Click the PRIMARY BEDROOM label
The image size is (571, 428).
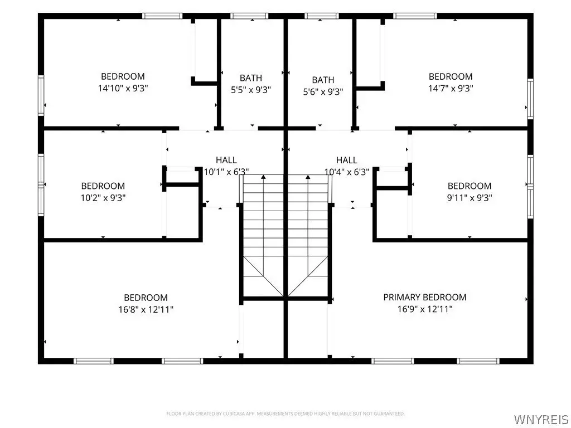pos(424,298)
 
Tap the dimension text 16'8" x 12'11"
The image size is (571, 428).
pos(146,309)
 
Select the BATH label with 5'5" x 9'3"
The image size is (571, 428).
pos(251,78)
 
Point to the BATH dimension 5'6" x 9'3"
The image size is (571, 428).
pos(323,92)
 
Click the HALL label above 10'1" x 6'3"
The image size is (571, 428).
pos(226,160)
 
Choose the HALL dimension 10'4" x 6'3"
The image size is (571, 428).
pos(347,172)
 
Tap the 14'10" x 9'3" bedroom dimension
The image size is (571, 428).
pos(123,88)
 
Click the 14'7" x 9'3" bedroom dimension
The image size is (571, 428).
pos(451,88)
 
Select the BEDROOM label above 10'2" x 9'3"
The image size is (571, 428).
pos(103,186)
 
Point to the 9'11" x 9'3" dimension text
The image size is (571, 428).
pos(470,198)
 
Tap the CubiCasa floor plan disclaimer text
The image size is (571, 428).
pos(285,414)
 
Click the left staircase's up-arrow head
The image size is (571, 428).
pos(263,177)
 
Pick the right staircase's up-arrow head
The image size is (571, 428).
pos(308,177)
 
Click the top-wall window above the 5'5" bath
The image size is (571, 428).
pos(249,16)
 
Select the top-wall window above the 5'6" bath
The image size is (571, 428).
pos(322,16)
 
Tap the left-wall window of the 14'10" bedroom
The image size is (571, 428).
pos(41,95)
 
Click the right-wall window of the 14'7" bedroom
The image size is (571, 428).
pos(530,99)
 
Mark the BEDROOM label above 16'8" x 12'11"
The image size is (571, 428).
pos(146,298)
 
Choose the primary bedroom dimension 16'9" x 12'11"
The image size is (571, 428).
pos(424,309)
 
